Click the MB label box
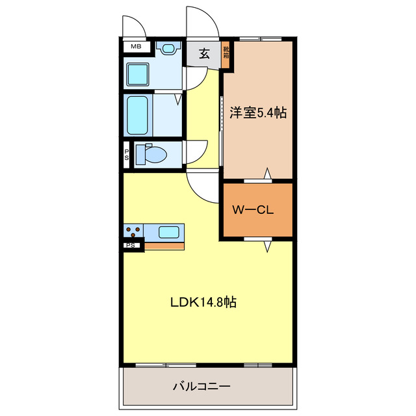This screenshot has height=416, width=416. coord(136,47)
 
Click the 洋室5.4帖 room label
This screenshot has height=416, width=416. coord(258,112)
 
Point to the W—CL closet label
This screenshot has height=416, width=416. coord(255,211)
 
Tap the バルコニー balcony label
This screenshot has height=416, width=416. coord(201,387)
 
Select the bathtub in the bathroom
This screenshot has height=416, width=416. coord(138,116)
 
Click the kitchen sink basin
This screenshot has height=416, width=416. coord(169,231)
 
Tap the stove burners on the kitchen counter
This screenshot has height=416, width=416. coord(134,232)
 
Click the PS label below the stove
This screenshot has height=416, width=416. coord(131,246)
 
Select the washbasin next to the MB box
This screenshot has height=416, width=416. coord(168,48)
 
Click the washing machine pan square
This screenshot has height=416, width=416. coord(138,73)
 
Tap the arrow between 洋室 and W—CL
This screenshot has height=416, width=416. coord(266,174)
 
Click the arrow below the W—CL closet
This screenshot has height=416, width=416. coord(266,246)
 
